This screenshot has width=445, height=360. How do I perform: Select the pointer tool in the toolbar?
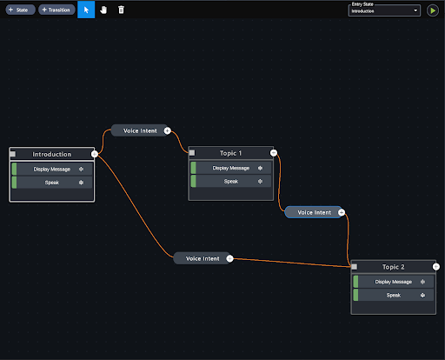[x=86, y=10]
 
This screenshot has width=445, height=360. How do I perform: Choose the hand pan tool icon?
[x=103, y=10]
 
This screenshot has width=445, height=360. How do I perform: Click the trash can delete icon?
[x=121, y=10]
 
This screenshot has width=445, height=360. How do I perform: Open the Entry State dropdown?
[x=384, y=10]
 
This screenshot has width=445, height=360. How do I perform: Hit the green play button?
[x=433, y=10]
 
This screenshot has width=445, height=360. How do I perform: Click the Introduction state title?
[x=52, y=154]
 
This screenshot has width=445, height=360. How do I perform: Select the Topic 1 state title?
[x=230, y=153]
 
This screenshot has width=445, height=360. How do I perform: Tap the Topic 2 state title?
[x=393, y=267]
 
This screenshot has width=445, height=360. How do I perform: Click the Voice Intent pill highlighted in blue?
[x=314, y=212]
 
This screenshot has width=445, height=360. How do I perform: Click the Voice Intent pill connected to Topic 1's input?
[x=140, y=130]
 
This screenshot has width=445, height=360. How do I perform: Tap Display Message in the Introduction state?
[x=52, y=170]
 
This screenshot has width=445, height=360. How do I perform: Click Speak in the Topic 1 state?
[x=231, y=182]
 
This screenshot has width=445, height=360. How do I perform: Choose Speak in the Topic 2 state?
[x=394, y=295]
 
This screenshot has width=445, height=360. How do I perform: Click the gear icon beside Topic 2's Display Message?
[x=422, y=282]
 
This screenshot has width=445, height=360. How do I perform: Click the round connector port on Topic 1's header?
[x=274, y=153]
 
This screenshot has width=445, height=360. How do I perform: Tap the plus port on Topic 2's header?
[x=436, y=267]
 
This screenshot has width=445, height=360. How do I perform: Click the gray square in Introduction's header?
[x=13, y=154]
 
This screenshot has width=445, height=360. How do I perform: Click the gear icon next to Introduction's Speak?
[x=81, y=183]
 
